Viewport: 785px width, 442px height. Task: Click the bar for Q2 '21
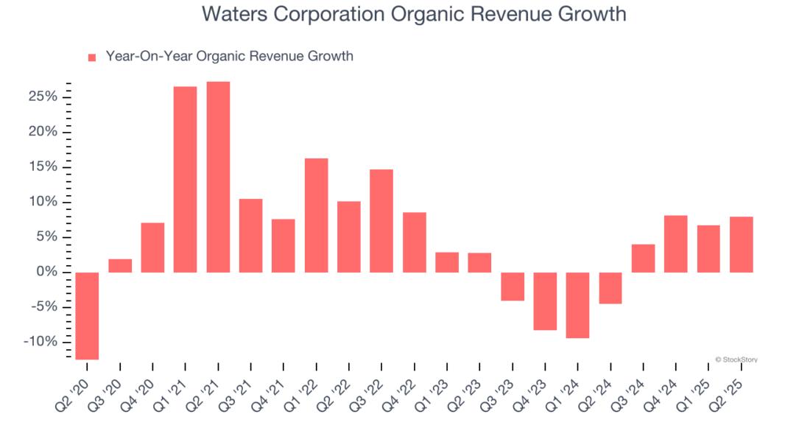point(218,177)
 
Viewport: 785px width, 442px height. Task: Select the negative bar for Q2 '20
point(87,316)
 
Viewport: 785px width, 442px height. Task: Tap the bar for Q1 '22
point(316,215)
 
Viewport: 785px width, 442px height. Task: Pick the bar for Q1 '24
point(577,305)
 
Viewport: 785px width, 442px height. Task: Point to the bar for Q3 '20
point(120,266)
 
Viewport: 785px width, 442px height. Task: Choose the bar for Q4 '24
point(675,244)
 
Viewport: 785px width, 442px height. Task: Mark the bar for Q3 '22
point(381,221)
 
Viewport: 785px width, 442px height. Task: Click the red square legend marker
point(92,57)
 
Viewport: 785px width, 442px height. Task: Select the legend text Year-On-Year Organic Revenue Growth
point(229,56)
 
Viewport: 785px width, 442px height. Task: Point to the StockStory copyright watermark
point(736,359)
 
